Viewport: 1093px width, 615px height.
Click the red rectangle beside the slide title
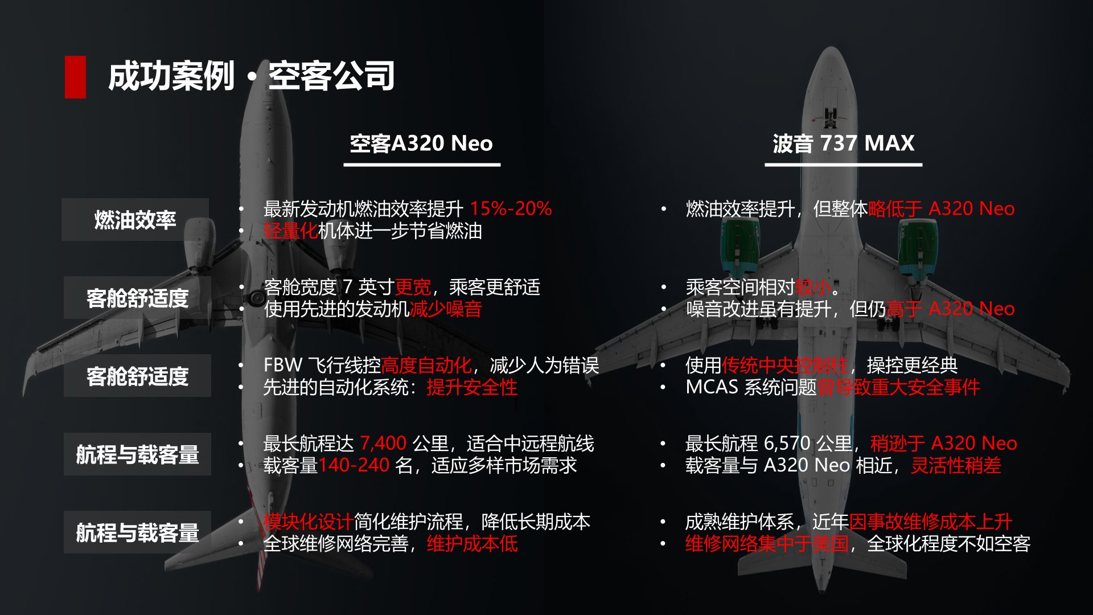pos(75,77)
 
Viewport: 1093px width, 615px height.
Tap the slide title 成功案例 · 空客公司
pos(251,76)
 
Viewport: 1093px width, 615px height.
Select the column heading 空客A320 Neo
pos(421,143)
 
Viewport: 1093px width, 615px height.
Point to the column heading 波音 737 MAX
pos(843,143)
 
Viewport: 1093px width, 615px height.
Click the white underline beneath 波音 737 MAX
pos(843,165)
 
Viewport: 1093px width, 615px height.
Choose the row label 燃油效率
pos(135,220)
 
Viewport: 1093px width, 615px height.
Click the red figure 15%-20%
pos(511,208)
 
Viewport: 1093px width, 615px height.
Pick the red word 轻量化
pos(290,231)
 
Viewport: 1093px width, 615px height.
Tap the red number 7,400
pos(383,443)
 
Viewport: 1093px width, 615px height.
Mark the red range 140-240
pos(354,465)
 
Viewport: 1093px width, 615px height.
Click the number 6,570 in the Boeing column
pos(787,443)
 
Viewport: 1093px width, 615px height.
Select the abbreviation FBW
pos(282,365)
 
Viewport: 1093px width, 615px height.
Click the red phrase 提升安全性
pos(472,387)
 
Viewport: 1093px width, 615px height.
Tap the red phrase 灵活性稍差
pos(956,465)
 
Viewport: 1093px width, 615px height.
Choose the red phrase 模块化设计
pos(309,522)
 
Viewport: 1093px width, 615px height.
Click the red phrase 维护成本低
pos(472,544)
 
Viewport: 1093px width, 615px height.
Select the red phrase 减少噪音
pos(446,309)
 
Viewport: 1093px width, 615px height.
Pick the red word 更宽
pos(413,287)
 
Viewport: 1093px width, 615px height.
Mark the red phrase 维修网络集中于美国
pos(767,544)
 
